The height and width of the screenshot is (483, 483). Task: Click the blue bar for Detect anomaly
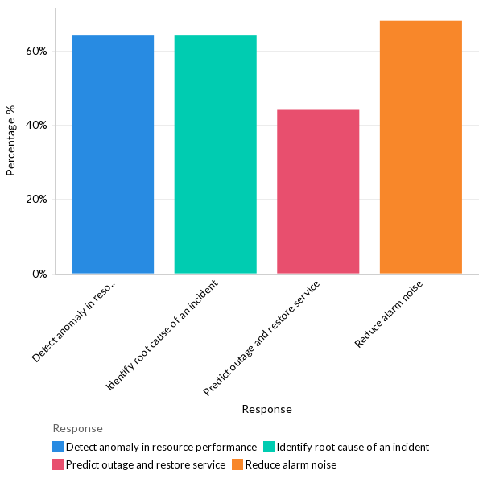coord(113,155)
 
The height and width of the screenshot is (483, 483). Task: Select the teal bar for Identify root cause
coord(215,155)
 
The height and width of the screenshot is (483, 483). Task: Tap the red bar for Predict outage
coord(318,192)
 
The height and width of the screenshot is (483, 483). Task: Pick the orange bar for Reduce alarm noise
coord(420,147)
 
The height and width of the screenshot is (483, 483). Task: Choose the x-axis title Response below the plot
coord(266,409)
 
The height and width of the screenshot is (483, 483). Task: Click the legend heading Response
coord(77,428)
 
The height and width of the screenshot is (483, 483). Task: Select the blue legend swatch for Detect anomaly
coord(58,447)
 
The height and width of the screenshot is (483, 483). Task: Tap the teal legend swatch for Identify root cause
coord(269,447)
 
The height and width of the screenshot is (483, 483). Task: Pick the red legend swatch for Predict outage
coord(58,464)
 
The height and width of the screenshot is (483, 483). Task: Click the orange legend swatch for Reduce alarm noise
coord(237,464)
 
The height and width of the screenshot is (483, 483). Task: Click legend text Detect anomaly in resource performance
coord(161,447)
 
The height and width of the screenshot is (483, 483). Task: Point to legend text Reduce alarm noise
coord(291,464)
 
